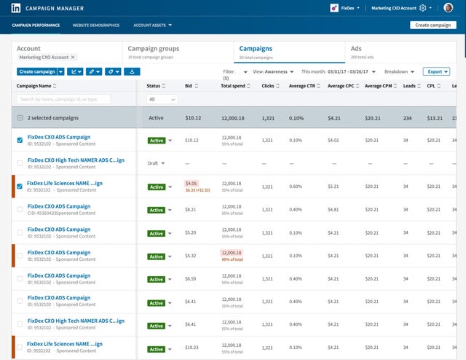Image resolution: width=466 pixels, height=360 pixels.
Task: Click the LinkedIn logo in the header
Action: pyautogui.click(x=16, y=8)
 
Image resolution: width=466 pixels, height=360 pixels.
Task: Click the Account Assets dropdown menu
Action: pyautogui.click(x=152, y=25)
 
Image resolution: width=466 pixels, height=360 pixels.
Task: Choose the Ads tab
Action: pyautogui.click(x=356, y=49)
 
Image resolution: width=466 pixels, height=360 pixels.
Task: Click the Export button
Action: pyautogui.click(x=436, y=71)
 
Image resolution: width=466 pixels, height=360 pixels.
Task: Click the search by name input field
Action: pyautogui.click(x=63, y=99)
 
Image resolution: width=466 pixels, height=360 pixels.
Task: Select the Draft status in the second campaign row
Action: pyautogui.click(x=153, y=163)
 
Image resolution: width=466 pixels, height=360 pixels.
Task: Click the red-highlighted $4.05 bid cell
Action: pyautogui.click(x=191, y=184)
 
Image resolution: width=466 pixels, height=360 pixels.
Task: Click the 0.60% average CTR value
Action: pyautogui.click(x=296, y=187)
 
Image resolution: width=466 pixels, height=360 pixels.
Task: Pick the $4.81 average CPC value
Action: pyautogui.click(x=334, y=209)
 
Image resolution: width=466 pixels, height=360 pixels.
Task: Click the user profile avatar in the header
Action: pyautogui.click(x=449, y=8)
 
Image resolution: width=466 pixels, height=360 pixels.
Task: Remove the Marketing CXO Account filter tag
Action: pyautogui.click(x=73, y=57)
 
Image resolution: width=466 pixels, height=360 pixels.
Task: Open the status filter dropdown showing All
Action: pyautogui.click(x=162, y=99)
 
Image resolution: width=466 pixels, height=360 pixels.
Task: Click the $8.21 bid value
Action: pyautogui.click(x=191, y=209)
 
